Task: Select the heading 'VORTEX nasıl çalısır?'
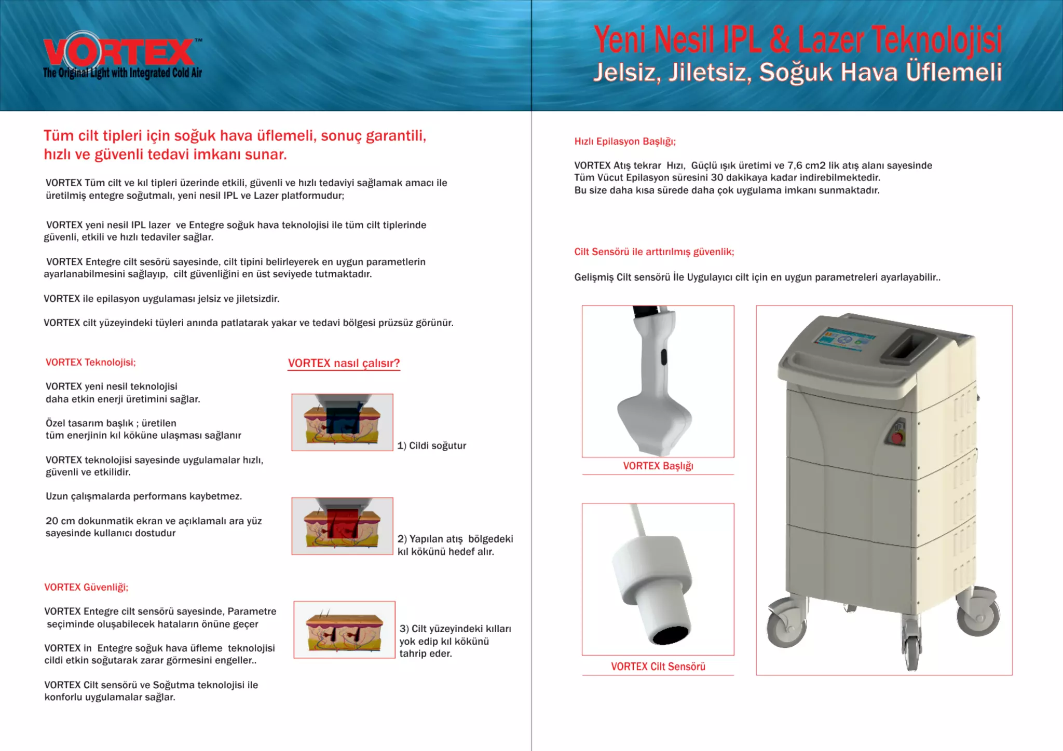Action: (344, 363)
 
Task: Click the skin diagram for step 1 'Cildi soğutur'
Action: (342, 422)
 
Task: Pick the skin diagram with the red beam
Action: (342, 526)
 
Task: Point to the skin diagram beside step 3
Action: (344, 630)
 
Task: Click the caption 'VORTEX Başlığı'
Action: (658, 466)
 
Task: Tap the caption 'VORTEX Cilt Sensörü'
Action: (658, 666)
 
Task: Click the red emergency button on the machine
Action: (897, 437)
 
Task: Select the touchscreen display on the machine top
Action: (844, 340)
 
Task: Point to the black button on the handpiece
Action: (663, 357)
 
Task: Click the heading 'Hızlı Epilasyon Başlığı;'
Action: (624, 142)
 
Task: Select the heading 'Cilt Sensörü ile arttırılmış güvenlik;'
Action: (654, 252)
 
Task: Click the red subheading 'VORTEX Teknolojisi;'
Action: (90, 363)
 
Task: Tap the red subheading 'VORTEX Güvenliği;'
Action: (86, 587)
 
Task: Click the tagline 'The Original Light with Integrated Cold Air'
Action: (122, 73)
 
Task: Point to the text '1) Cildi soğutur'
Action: (431, 446)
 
